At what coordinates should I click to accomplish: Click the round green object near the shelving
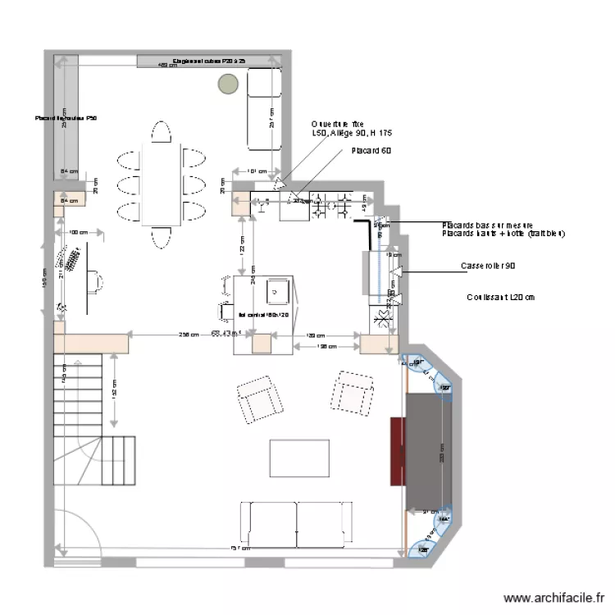point(227,83)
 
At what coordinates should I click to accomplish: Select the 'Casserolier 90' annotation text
point(488,266)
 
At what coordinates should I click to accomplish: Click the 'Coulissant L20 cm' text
point(500,298)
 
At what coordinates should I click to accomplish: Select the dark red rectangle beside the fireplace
point(398,451)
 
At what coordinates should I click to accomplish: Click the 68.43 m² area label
point(225,334)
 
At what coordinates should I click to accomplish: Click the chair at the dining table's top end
point(161,132)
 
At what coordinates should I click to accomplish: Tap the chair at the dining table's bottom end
point(161,238)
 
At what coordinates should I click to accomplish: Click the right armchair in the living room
point(353,393)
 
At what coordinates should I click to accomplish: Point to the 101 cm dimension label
point(257,171)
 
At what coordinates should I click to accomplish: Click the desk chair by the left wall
point(98,283)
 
